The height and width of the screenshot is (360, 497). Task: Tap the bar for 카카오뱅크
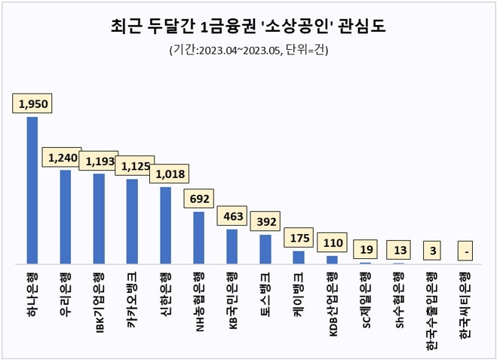132,221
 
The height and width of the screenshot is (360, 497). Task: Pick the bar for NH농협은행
198,238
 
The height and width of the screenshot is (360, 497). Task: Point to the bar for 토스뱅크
265,249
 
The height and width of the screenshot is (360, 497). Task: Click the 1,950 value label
32,103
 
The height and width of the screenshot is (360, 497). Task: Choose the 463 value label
232,215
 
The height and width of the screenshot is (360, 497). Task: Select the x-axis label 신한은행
167,291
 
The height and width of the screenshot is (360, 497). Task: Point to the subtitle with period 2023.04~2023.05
248,51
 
